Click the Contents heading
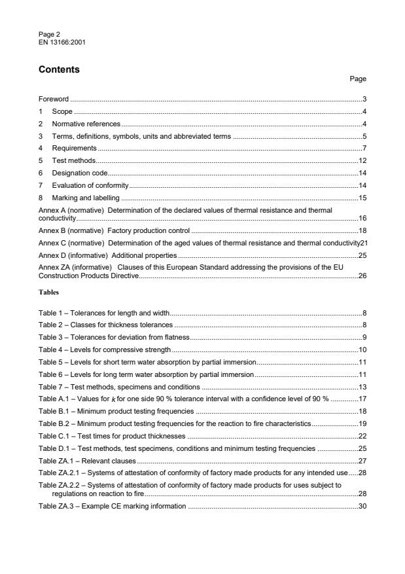point(59,69)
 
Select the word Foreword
point(54,99)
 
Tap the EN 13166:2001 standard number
point(62,42)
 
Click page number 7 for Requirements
point(364,149)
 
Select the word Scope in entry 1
point(62,111)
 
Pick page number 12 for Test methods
point(362,161)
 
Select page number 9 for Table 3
point(364,338)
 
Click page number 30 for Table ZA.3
point(362,507)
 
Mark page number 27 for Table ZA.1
point(362,460)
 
